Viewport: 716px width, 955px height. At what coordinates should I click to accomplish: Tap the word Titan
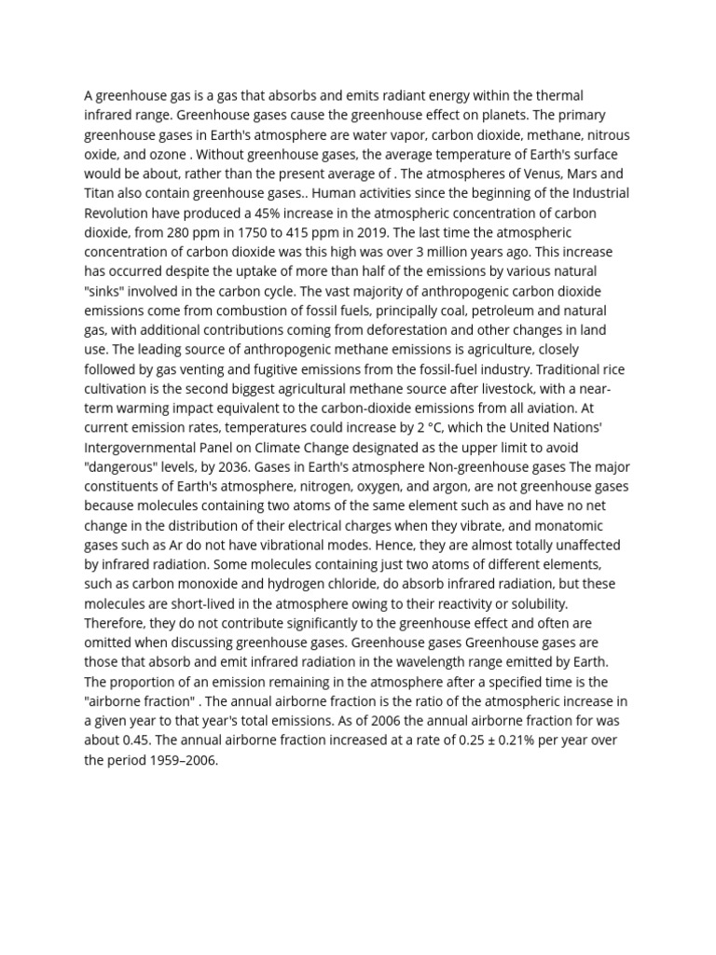click(99, 193)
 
